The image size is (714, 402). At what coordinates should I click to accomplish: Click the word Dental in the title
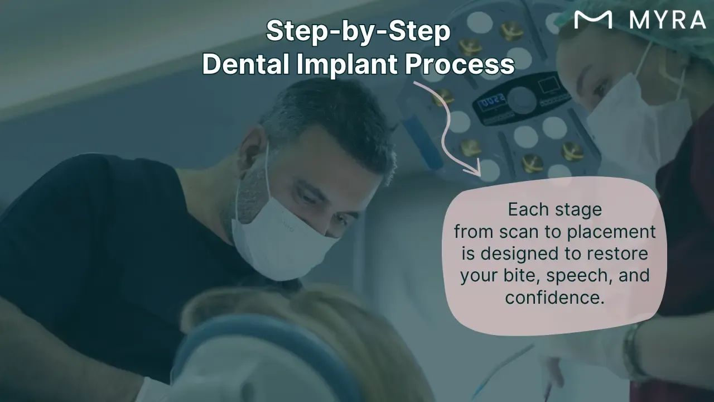pos(246,64)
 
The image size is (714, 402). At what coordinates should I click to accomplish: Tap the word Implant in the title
pos(347,65)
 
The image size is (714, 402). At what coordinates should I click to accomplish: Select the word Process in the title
pos(460,65)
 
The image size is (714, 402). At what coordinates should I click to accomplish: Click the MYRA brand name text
pos(668,20)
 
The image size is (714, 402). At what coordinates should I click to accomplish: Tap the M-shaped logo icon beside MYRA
pos(593,20)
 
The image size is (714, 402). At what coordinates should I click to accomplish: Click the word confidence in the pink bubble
pos(555,297)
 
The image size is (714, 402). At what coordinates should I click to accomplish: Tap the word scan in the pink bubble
pos(519,232)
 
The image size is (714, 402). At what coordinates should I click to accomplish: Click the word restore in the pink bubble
pos(617,253)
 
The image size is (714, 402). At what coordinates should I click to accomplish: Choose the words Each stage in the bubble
pos(555,210)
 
